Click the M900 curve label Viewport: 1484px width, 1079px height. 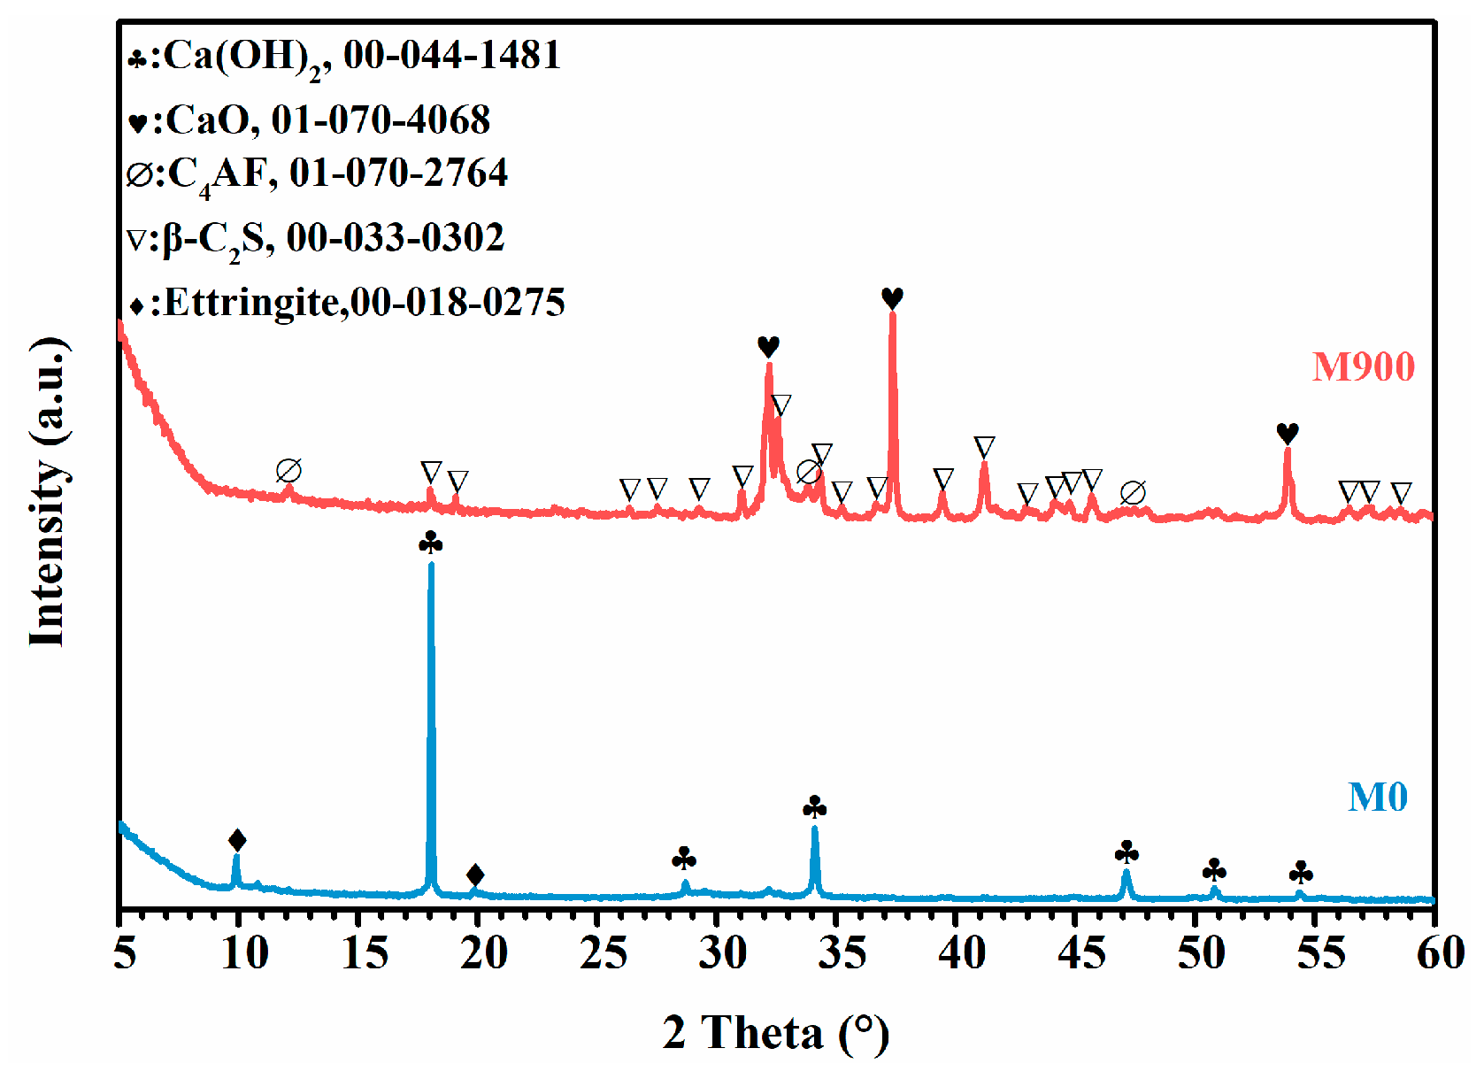coord(1363,366)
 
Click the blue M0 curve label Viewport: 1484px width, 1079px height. coord(1377,797)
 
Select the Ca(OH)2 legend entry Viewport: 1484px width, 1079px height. coord(344,57)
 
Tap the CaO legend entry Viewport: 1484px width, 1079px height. coord(309,120)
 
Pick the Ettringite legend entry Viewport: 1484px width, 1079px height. coord(346,303)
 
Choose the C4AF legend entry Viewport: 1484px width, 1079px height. coord(317,173)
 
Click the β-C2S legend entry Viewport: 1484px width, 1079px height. coord(316,238)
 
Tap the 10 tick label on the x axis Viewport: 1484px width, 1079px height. coord(242,954)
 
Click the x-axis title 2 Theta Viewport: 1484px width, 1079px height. coord(775,1032)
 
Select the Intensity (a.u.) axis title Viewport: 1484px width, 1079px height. coord(49,492)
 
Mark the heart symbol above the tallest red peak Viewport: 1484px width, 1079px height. coord(892,298)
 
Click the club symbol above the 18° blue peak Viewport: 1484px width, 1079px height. coord(431,543)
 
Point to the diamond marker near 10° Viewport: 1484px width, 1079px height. coord(237,840)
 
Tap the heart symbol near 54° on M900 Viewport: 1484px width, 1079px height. coord(1288,434)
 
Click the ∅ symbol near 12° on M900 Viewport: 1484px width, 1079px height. coord(288,471)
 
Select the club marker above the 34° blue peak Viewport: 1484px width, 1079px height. coord(815,807)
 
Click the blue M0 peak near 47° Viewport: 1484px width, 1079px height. coord(1126,876)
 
